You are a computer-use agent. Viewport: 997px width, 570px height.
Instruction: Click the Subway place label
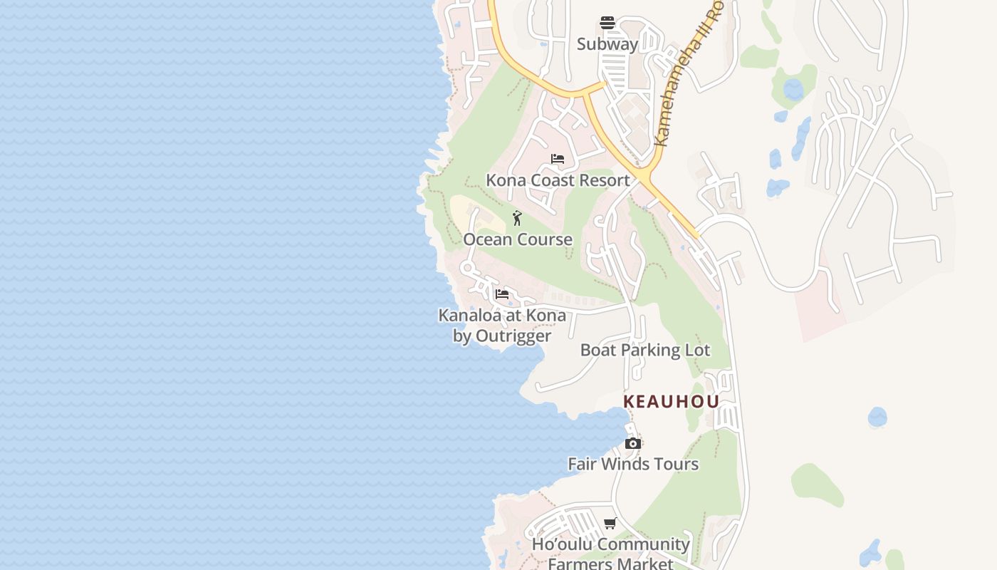(607, 44)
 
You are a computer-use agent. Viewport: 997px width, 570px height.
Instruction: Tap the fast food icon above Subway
(607, 23)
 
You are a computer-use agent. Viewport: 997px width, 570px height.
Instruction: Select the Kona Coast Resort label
(558, 180)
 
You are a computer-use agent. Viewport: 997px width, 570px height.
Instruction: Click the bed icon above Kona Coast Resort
(558, 159)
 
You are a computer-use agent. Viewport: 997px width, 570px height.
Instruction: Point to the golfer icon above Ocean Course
(518, 218)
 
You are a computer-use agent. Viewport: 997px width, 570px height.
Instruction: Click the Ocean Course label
(518, 239)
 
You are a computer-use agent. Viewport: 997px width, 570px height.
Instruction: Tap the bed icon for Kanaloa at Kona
(502, 294)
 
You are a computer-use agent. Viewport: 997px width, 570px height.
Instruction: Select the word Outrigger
(513, 336)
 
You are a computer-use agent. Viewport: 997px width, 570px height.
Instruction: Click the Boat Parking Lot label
(644, 350)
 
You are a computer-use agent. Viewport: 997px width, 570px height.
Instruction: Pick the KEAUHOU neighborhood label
(671, 402)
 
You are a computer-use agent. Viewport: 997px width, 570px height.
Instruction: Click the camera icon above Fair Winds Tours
(632, 443)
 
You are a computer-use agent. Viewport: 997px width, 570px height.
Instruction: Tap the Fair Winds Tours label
(632, 464)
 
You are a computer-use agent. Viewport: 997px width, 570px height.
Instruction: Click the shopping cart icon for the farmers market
(610, 524)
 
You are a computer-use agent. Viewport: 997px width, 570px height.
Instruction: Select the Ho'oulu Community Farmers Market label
(611, 554)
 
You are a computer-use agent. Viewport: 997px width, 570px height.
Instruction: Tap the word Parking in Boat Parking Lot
(651, 350)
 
